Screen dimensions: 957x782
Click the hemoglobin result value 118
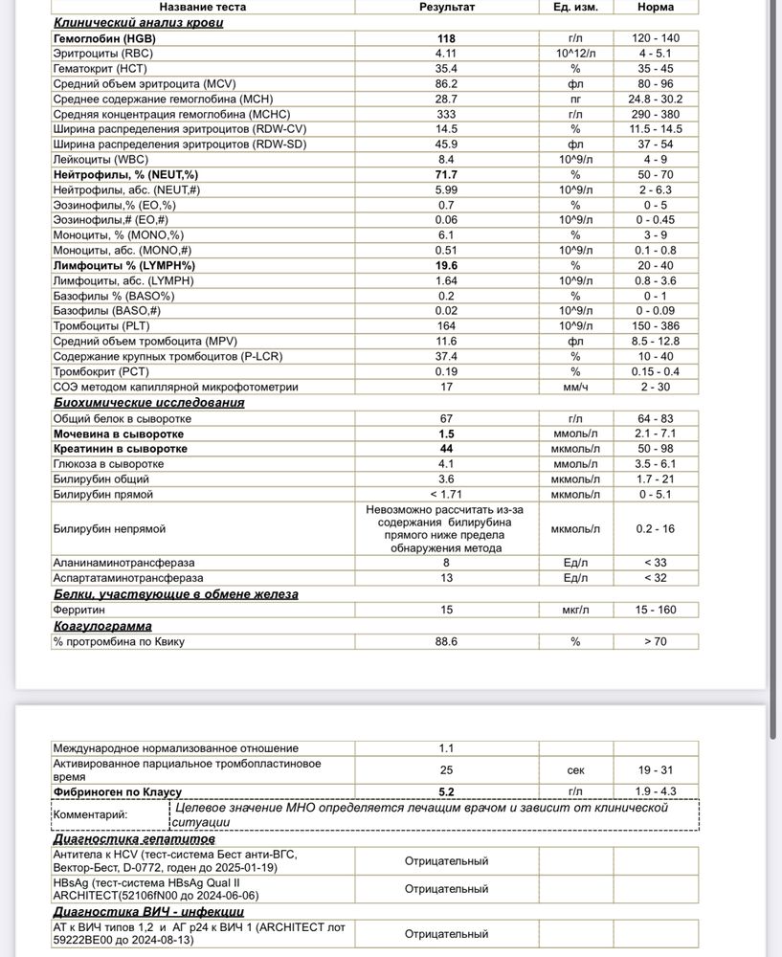(446, 38)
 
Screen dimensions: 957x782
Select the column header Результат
(447, 7)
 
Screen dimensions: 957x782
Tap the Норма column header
(656, 7)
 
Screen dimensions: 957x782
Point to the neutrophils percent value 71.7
(446, 175)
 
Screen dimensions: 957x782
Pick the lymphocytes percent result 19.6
(446, 265)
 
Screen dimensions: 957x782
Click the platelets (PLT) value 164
(446, 325)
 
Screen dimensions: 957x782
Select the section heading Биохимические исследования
(148, 403)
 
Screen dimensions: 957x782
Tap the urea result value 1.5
(446, 434)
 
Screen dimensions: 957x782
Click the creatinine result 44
(446, 449)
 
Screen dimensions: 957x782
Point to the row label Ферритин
(78, 610)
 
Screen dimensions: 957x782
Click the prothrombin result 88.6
(446, 641)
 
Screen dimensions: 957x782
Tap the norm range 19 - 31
(656, 770)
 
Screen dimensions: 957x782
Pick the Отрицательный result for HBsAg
(446, 889)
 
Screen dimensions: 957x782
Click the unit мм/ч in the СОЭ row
(575, 387)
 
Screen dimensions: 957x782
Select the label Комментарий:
(92, 814)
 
